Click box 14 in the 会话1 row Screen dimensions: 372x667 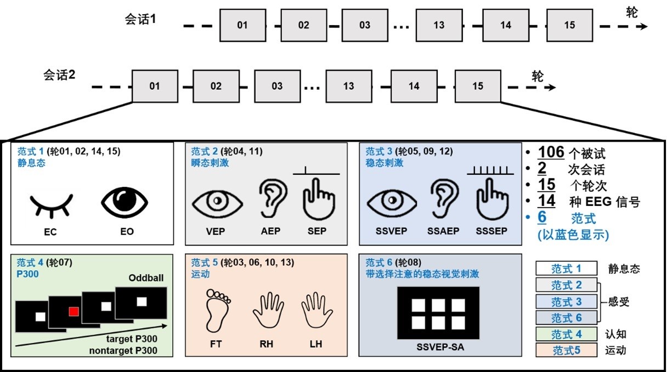click(x=506, y=25)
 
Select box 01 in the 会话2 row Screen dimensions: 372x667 click(x=155, y=86)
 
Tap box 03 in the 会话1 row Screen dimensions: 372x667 click(x=365, y=25)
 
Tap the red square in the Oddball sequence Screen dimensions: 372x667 click(x=74, y=312)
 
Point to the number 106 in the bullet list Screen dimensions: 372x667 click(x=551, y=152)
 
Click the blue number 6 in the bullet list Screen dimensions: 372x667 click(x=542, y=217)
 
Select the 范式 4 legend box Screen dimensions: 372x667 click(x=566, y=334)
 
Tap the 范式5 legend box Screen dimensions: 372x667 click(x=566, y=350)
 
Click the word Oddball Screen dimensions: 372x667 click(x=146, y=278)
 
